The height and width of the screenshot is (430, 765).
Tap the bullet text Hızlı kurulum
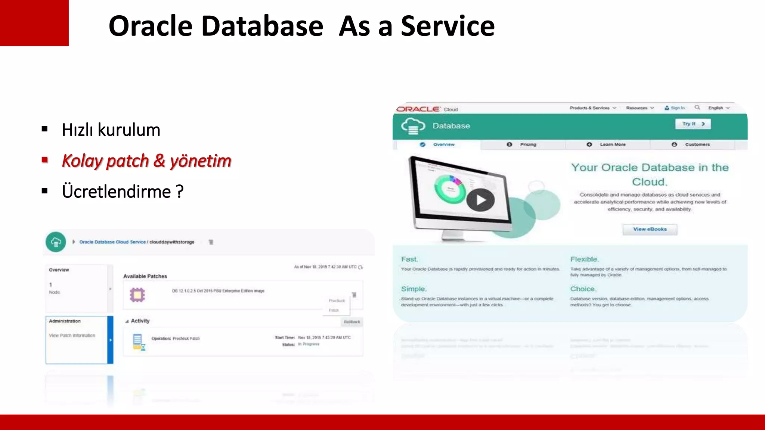111,130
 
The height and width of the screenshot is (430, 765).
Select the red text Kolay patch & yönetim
146,161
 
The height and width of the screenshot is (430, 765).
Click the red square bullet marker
45,160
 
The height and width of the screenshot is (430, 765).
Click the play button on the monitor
480,200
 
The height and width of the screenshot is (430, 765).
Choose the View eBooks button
650,229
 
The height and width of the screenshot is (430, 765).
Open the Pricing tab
528,144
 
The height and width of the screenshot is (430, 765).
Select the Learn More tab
613,144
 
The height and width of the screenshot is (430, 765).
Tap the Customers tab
697,144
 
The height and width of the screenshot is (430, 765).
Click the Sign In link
677,108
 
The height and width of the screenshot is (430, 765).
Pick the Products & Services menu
589,108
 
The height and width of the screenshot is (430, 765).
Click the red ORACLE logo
418,109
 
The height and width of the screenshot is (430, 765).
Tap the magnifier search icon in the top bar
697,107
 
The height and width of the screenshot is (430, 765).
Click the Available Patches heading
145,276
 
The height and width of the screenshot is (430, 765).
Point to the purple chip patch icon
137,295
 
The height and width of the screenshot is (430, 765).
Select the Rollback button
352,322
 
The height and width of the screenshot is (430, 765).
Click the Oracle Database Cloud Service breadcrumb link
112,242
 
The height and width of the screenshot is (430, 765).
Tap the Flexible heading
584,259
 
